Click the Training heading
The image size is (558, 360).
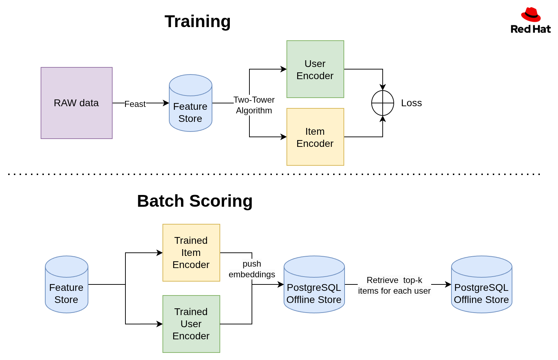[197, 21]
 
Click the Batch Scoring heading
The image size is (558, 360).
[195, 201]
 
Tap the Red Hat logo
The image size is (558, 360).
[531, 21]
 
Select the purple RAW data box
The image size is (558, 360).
[77, 103]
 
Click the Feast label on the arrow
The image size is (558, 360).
[135, 104]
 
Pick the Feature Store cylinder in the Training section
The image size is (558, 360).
[190, 103]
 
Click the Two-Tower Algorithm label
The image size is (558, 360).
[254, 105]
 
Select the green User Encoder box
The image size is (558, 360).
[315, 69]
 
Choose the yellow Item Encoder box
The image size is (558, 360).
[315, 137]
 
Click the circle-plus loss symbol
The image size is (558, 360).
[382, 103]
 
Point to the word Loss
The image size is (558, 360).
[411, 103]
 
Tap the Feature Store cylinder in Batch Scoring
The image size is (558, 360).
[67, 284]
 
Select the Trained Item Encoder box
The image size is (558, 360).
[191, 253]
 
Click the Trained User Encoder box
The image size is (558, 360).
[191, 324]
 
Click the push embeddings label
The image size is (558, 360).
[252, 269]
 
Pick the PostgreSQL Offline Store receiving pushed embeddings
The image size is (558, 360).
[314, 284]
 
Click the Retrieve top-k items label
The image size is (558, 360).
[394, 286]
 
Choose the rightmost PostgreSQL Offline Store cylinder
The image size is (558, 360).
[481, 284]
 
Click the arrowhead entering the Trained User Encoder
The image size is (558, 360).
[160, 324]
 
